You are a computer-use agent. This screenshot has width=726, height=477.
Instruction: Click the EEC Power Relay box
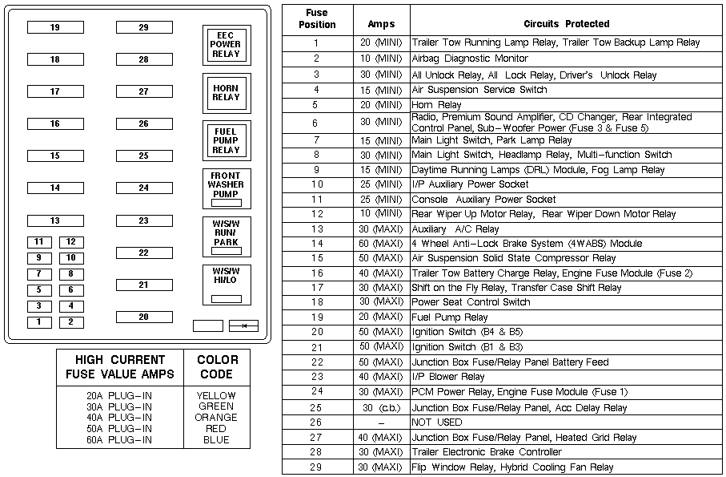[226, 44]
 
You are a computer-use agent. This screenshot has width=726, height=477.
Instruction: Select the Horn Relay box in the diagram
[226, 92]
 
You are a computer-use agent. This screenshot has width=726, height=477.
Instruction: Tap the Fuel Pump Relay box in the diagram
[226, 140]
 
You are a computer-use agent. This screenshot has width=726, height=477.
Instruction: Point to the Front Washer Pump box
[226, 188]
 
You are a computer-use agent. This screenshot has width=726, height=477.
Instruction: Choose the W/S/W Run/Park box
[226, 236]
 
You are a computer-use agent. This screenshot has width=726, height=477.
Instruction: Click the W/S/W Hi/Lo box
[226, 284]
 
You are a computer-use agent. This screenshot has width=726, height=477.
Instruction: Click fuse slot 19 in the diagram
[55, 27]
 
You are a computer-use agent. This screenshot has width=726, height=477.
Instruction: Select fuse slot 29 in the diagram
[144, 27]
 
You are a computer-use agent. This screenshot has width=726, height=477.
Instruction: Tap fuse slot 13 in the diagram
[55, 220]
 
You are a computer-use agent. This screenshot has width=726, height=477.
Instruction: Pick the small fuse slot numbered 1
[38, 322]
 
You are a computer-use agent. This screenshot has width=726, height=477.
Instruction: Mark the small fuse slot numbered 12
[70, 241]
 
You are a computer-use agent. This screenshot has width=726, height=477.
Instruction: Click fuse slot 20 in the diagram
[144, 317]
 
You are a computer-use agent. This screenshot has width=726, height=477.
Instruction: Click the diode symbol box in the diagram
[243, 325]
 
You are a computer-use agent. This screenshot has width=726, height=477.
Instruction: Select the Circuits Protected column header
[566, 23]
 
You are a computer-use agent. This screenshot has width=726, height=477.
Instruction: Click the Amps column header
[381, 23]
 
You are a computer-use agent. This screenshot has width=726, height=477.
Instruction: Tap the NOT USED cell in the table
[437, 422]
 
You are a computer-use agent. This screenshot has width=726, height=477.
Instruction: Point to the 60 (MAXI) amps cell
[381, 244]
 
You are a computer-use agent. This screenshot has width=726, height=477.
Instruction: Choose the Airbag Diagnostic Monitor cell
[470, 59]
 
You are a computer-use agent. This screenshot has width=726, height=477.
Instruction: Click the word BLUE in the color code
[216, 439]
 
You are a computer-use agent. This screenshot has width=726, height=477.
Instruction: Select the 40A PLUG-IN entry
[120, 417]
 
